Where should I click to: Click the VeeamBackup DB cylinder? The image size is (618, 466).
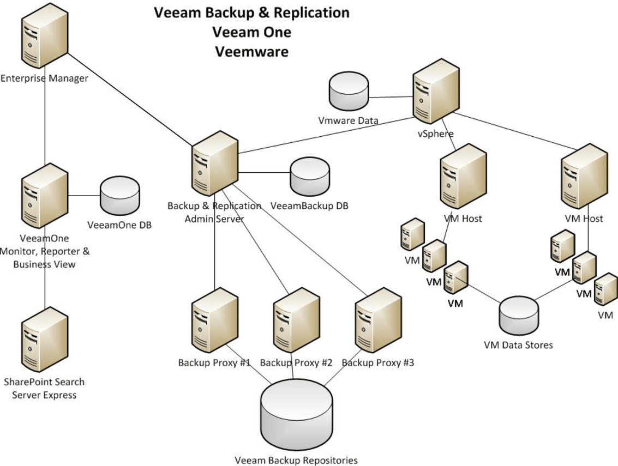pos(309,177)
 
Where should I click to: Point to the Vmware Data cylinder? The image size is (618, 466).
pos(349,92)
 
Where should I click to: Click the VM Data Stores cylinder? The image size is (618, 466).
pos(518,316)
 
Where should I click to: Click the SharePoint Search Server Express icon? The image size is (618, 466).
pos(44,339)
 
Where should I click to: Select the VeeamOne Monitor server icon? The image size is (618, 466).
pos(44,195)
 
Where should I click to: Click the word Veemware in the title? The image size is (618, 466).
pos(251,52)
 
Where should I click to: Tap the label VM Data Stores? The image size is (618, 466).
pos(518,345)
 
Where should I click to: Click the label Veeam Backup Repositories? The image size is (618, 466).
pos(296,461)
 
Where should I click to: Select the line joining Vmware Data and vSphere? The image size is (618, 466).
pos(390,98)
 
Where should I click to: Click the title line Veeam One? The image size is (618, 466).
pos(251,32)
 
